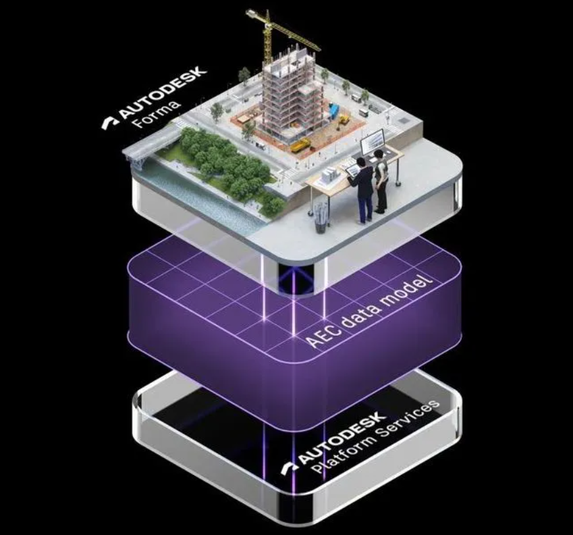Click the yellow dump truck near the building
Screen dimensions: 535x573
click(301, 144)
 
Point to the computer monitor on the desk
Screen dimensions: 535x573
click(371, 143)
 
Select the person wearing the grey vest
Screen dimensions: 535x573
click(382, 179)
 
